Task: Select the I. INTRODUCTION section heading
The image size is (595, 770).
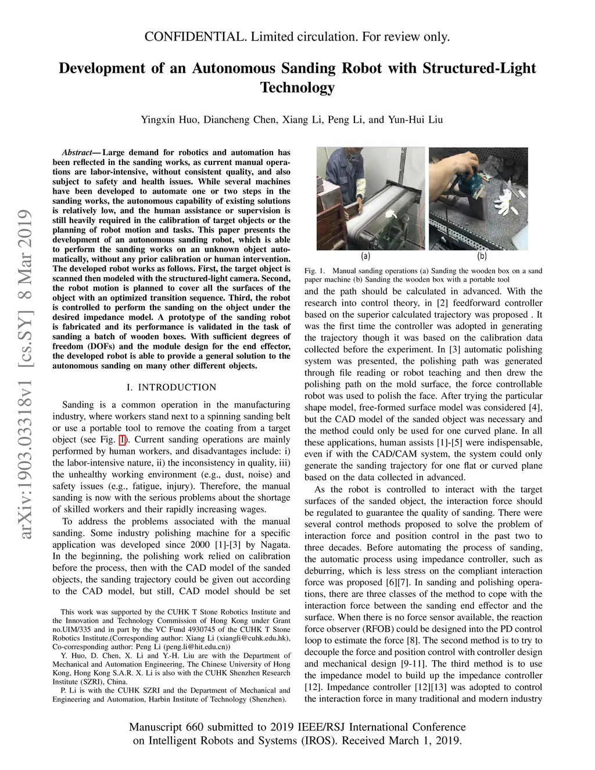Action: tap(171, 387)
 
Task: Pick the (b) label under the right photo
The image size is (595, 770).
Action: tap(481, 256)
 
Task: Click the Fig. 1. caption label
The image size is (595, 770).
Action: tap(314, 271)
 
